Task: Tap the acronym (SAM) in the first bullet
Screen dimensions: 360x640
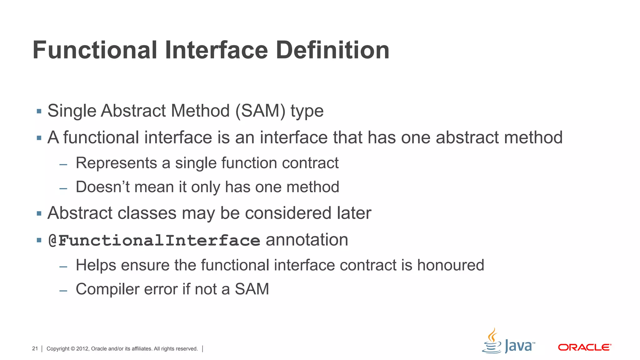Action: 260,111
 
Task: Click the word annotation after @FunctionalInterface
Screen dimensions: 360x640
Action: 307,240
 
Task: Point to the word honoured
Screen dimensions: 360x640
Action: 451,265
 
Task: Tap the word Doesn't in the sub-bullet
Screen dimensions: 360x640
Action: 102,187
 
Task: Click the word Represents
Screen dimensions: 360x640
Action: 116,163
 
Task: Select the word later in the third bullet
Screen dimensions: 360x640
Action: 354,213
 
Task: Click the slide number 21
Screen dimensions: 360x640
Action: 35,349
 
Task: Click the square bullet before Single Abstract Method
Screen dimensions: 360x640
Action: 39,111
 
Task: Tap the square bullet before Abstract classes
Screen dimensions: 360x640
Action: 39,214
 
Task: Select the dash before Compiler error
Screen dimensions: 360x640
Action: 63,291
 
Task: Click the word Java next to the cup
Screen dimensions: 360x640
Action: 518,347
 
